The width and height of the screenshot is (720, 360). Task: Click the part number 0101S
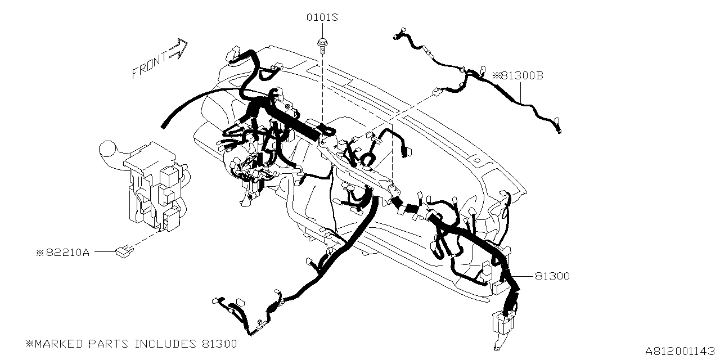[x=322, y=17]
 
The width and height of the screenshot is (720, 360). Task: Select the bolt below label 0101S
[x=322, y=47]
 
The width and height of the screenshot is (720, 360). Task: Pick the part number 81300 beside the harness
[x=552, y=276]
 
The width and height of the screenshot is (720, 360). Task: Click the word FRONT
[x=149, y=66]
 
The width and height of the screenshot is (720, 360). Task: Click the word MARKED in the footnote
[x=58, y=344]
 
